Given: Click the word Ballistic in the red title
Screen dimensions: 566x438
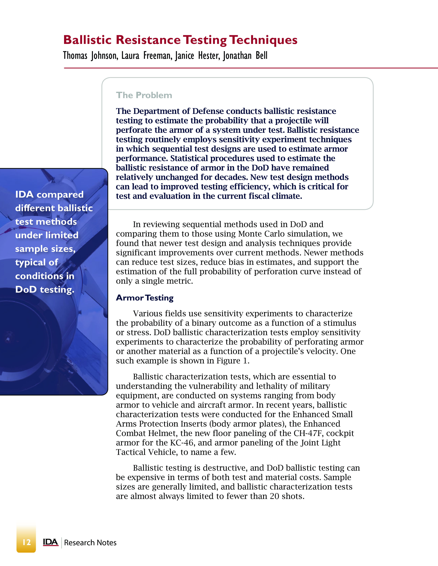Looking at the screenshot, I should pyautogui.click(x=87, y=40).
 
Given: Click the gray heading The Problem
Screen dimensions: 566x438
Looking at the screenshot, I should pyautogui.click(x=144, y=95).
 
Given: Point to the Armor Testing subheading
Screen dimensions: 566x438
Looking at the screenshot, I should pyautogui.click(x=144, y=298).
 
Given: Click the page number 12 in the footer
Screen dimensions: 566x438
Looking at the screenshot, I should pyautogui.click(x=26, y=542).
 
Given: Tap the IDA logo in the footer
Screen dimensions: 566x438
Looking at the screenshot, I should pyautogui.click(x=51, y=542).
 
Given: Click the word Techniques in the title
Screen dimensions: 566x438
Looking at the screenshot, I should pyautogui.click(x=263, y=40).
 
